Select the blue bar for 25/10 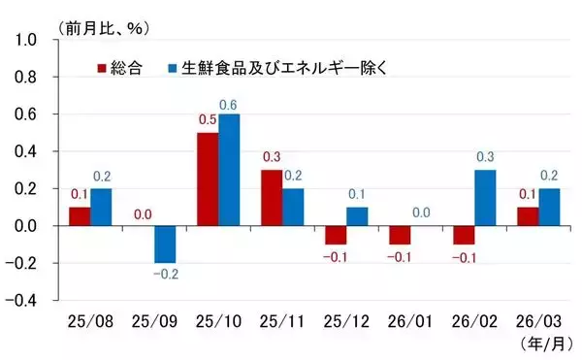coord(229,170)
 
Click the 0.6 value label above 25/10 coord(230,105)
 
